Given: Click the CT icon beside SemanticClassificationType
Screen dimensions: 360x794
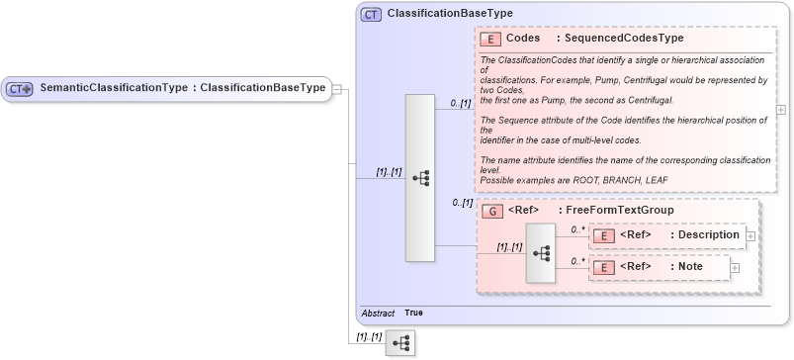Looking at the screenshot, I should (x=20, y=88).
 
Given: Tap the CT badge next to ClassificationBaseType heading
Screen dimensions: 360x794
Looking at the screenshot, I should (x=371, y=15).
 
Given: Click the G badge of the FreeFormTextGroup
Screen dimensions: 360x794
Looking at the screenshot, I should (x=491, y=211).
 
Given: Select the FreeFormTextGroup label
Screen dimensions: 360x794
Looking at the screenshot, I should (x=620, y=211).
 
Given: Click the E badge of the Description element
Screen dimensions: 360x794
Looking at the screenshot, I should (x=603, y=235).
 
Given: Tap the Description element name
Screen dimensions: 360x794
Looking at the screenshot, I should (x=705, y=235).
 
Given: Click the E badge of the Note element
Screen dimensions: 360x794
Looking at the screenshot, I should (x=603, y=266).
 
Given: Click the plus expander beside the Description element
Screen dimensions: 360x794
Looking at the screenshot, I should (x=750, y=235).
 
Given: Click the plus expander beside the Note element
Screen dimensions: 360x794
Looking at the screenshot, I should (x=735, y=266).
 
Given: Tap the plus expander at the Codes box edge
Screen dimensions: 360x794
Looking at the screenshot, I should (x=781, y=109).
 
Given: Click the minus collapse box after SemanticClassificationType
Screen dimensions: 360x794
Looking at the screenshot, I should (x=336, y=88).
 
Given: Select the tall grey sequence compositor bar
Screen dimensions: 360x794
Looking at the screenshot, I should (x=420, y=178).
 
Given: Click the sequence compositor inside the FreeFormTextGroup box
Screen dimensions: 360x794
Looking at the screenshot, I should (x=541, y=252).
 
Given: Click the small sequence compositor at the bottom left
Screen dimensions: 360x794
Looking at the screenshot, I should (x=399, y=342).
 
